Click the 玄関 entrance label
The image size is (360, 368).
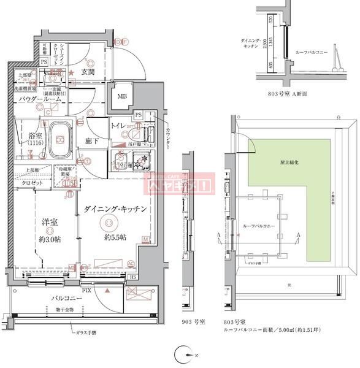click(x=88, y=72)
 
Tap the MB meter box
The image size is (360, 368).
click(x=122, y=96)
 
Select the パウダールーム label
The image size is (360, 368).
click(x=39, y=98)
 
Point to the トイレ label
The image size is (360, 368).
click(x=118, y=126)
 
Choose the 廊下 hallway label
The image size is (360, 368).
click(x=92, y=141)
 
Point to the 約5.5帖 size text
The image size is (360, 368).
click(x=115, y=237)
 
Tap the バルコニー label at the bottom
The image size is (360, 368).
click(x=63, y=298)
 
